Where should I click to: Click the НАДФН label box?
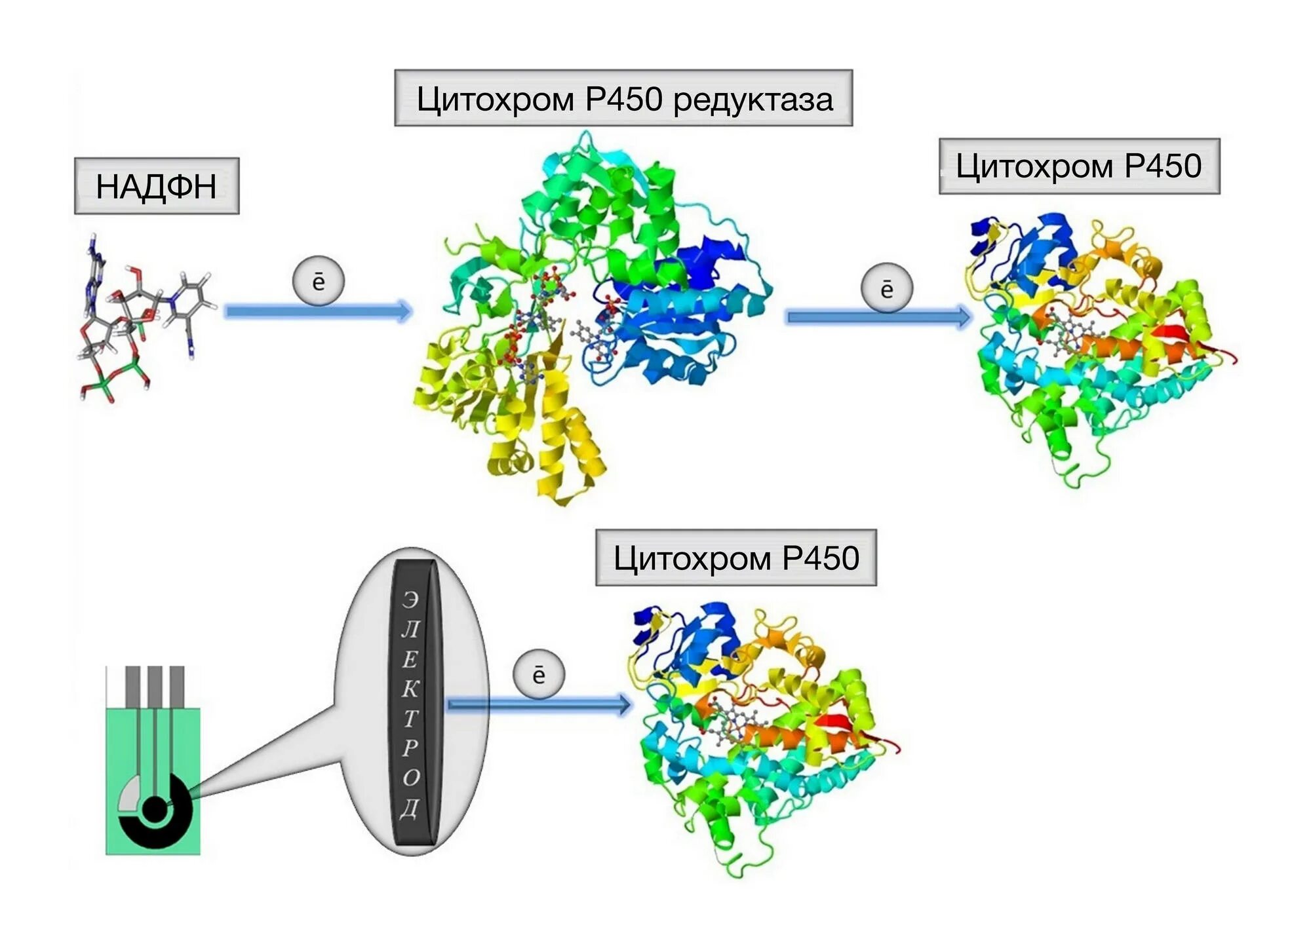tap(156, 186)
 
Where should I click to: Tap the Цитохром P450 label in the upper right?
tap(1079, 166)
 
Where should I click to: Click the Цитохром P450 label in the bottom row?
tap(735, 558)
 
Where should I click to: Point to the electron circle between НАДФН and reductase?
tap(318, 282)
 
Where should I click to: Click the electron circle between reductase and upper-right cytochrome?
tap(886, 288)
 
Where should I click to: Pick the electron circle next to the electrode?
tap(538, 674)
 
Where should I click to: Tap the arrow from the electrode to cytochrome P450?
tap(538, 704)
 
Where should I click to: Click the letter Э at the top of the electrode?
tap(410, 599)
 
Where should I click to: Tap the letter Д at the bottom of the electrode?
tap(410, 808)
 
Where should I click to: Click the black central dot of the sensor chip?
tap(155, 810)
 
